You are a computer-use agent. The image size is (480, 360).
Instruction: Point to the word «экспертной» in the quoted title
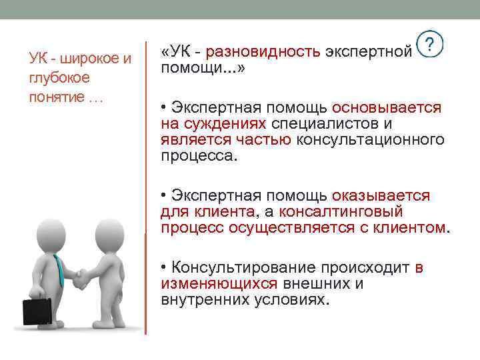[x=369, y=52]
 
